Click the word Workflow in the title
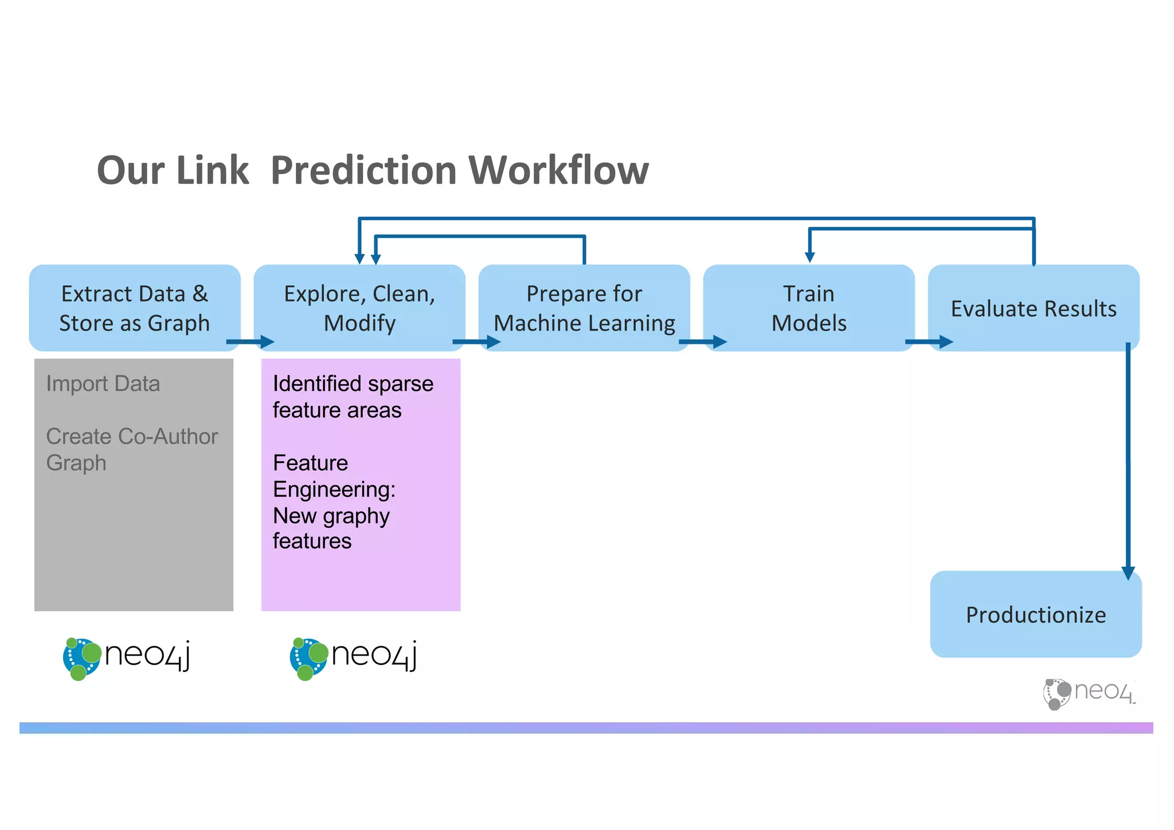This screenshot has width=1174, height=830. coord(558,170)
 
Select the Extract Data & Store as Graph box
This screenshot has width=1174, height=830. coord(135,308)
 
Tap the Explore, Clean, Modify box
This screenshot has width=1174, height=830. coord(359,308)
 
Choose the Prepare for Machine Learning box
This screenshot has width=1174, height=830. coord(584,308)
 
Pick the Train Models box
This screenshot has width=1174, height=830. coord(809,308)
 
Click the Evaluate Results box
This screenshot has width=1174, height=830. coord(1034,308)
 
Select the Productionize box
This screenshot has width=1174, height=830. coord(1036,614)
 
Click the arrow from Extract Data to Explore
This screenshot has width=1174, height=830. coord(251,342)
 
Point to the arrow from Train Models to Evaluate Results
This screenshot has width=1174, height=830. coord(929,342)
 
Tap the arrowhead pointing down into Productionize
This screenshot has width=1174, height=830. coord(1128,573)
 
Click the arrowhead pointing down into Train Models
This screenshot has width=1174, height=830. coord(809,257)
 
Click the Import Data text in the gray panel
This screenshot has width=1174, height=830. coord(103,383)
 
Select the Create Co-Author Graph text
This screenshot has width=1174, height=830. coord(131,449)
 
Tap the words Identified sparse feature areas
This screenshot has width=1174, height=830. coord(353,397)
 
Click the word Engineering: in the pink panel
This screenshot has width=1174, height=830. coord(334,490)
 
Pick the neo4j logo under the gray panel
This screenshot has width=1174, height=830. coord(126,657)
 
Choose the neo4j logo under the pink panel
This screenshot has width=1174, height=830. coord(353,657)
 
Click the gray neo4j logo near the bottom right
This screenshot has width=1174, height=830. coord(1088,693)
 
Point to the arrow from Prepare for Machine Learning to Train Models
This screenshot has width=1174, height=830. coord(703,342)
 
